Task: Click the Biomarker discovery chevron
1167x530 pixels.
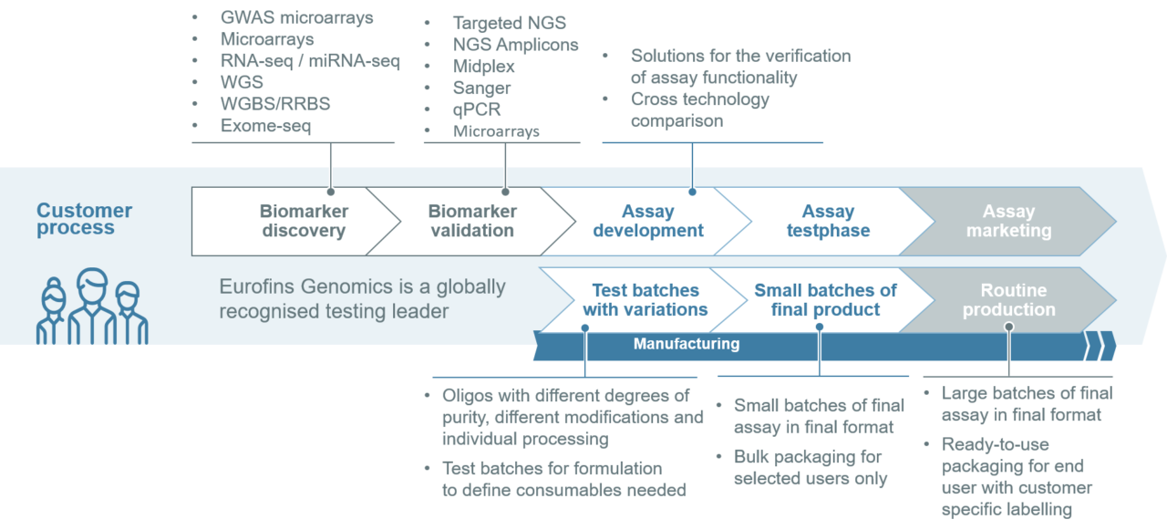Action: [x=304, y=222]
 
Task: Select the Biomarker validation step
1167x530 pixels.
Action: [x=472, y=222]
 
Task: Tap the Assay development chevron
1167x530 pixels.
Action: [x=647, y=222]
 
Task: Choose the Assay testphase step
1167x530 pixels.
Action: [x=828, y=222]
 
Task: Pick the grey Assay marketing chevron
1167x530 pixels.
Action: [x=1008, y=222]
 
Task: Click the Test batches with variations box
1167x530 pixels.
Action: [x=645, y=300]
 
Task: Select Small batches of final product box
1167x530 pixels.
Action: [x=825, y=300]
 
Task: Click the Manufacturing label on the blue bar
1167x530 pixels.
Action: [x=687, y=344]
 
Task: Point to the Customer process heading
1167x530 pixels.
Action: [x=84, y=219]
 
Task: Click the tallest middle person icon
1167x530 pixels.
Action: [x=92, y=306]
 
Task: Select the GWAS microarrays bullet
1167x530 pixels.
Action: [x=296, y=17]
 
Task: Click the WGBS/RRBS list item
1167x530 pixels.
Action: [x=274, y=104]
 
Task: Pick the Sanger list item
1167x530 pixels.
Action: [x=481, y=88]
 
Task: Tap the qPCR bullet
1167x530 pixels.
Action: [x=477, y=110]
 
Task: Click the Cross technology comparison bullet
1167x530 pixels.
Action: [x=699, y=109]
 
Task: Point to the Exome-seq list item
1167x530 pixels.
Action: [x=265, y=126]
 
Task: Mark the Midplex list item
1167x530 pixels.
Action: [x=484, y=67]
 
